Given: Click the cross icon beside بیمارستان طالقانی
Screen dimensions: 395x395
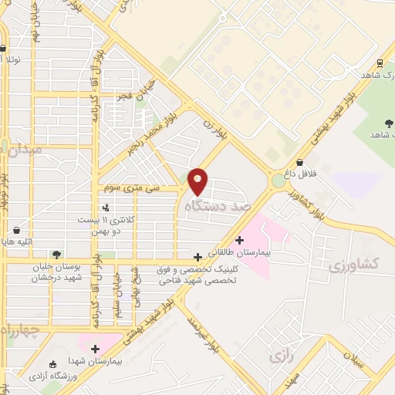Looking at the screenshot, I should click(x=240, y=240).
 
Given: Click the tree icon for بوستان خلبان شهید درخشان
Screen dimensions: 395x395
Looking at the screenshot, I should click(x=56, y=254).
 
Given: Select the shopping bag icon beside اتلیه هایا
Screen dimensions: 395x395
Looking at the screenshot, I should click(x=18, y=229).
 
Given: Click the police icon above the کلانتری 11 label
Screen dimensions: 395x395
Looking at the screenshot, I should click(x=106, y=207).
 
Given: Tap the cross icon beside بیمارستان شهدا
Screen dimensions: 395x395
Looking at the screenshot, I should click(x=96, y=349).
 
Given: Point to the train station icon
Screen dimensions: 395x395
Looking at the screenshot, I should click(x=380, y=63).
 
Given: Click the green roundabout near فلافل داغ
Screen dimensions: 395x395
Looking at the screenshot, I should click(x=278, y=181).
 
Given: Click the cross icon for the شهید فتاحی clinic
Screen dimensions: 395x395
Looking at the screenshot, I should click(x=198, y=256).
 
